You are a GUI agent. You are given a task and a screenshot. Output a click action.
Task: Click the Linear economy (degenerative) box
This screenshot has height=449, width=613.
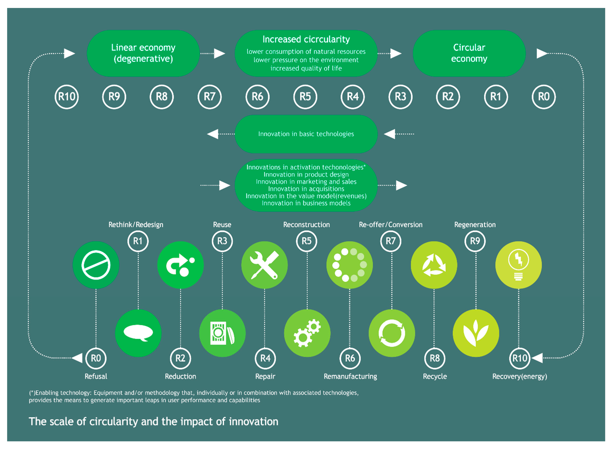[x=143, y=53]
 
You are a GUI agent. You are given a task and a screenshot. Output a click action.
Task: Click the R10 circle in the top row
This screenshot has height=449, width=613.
[x=67, y=97]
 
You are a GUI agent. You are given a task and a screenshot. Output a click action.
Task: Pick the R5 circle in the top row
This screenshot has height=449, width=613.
[x=305, y=97]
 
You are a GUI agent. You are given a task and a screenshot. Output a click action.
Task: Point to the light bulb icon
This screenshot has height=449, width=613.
[x=518, y=265]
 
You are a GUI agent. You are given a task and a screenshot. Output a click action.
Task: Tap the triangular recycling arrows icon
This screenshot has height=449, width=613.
[x=434, y=265]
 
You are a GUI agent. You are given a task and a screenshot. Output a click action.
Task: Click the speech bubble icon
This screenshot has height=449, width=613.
[x=138, y=333]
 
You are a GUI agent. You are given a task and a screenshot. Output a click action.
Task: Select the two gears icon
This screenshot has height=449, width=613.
[x=307, y=333]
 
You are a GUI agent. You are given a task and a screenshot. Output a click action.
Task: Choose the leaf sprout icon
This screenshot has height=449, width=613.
[x=476, y=333]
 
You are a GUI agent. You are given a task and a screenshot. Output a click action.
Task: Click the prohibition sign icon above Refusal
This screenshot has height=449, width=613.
[x=96, y=265]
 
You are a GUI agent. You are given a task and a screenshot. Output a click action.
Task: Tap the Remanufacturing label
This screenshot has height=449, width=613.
[x=350, y=376]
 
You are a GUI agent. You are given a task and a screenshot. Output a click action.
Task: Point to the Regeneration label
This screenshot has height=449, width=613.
[x=475, y=225]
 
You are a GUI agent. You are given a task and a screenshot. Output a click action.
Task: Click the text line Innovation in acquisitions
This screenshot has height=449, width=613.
[x=306, y=189]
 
